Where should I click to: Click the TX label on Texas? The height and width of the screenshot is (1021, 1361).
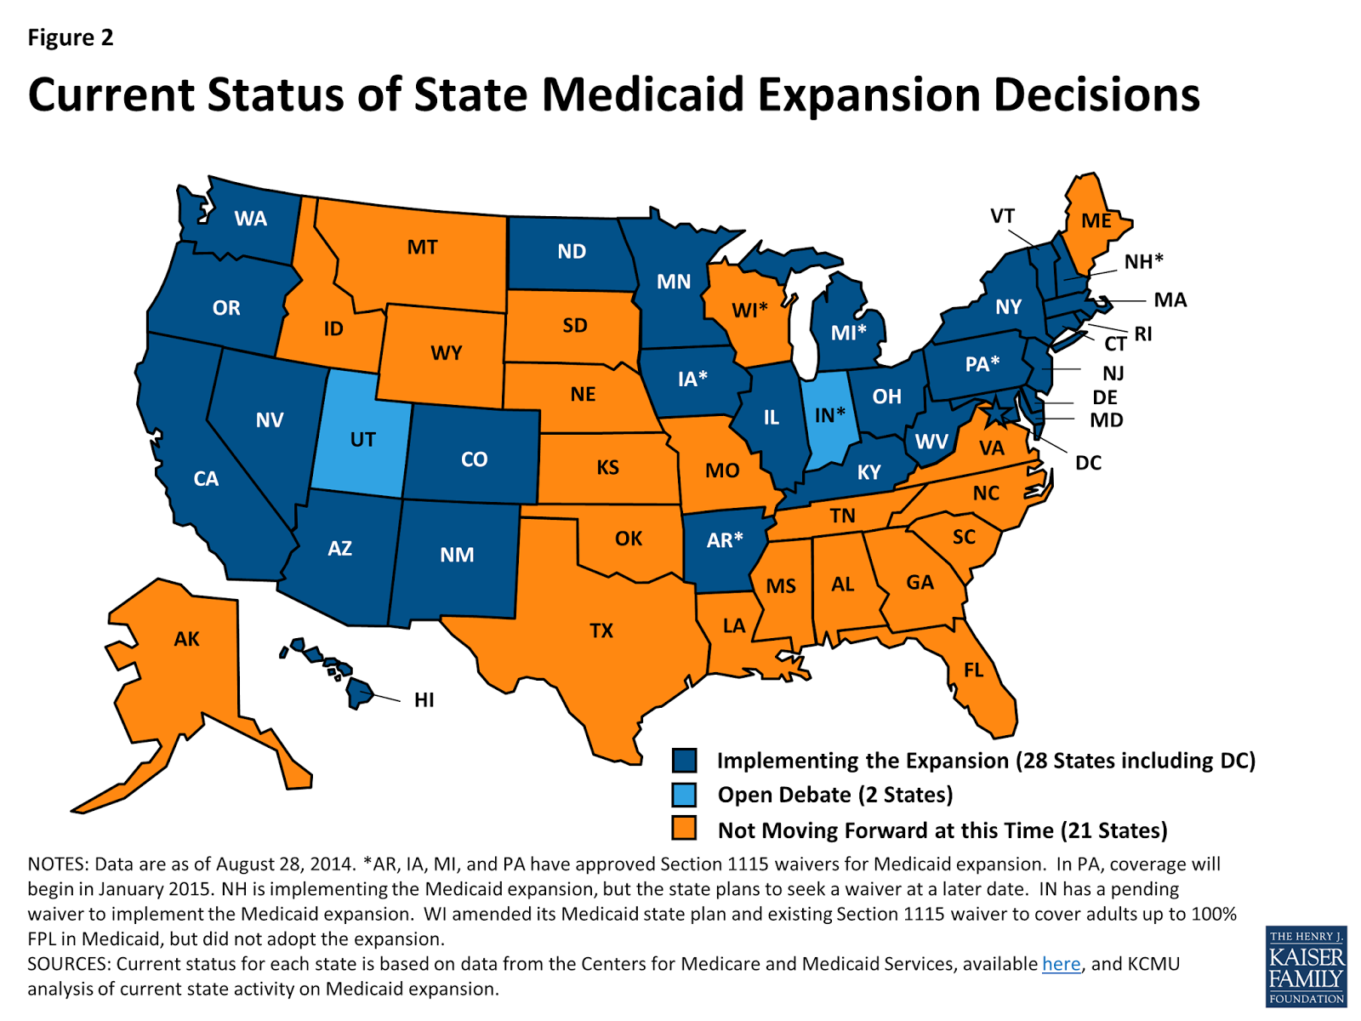pos(601,630)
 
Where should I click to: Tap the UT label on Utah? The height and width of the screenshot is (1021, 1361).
pos(362,440)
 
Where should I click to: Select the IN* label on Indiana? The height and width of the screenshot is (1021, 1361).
pos(829,414)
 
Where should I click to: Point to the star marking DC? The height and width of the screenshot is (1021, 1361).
pos(995,413)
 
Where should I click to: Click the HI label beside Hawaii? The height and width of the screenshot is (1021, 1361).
pos(424,700)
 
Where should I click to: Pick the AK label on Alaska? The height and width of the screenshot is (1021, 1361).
pos(186,639)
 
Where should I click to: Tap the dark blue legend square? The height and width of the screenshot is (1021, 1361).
pos(684,760)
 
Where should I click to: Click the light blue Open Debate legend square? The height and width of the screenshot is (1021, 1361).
pos(684,795)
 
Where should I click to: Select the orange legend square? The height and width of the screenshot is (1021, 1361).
pos(684,829)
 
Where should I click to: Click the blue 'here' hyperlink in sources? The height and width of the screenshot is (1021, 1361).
pos(1061,964)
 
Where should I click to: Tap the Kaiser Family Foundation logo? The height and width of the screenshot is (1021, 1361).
pos(1306,967)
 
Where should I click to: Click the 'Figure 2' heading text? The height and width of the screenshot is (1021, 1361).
pos(70,37)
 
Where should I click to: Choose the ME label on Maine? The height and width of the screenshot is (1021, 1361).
pos(1096,220)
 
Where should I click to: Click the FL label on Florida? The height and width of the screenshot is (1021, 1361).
pos(973,670)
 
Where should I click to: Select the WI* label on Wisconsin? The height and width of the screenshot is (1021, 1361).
pos(750,310)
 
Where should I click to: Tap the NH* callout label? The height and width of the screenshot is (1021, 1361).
pos(1143,261)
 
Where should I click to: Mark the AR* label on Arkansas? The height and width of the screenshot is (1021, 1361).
pos(724,539)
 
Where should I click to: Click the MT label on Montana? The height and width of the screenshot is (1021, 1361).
pos(422,248)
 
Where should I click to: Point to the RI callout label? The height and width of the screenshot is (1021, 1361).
pos(1142,334)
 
